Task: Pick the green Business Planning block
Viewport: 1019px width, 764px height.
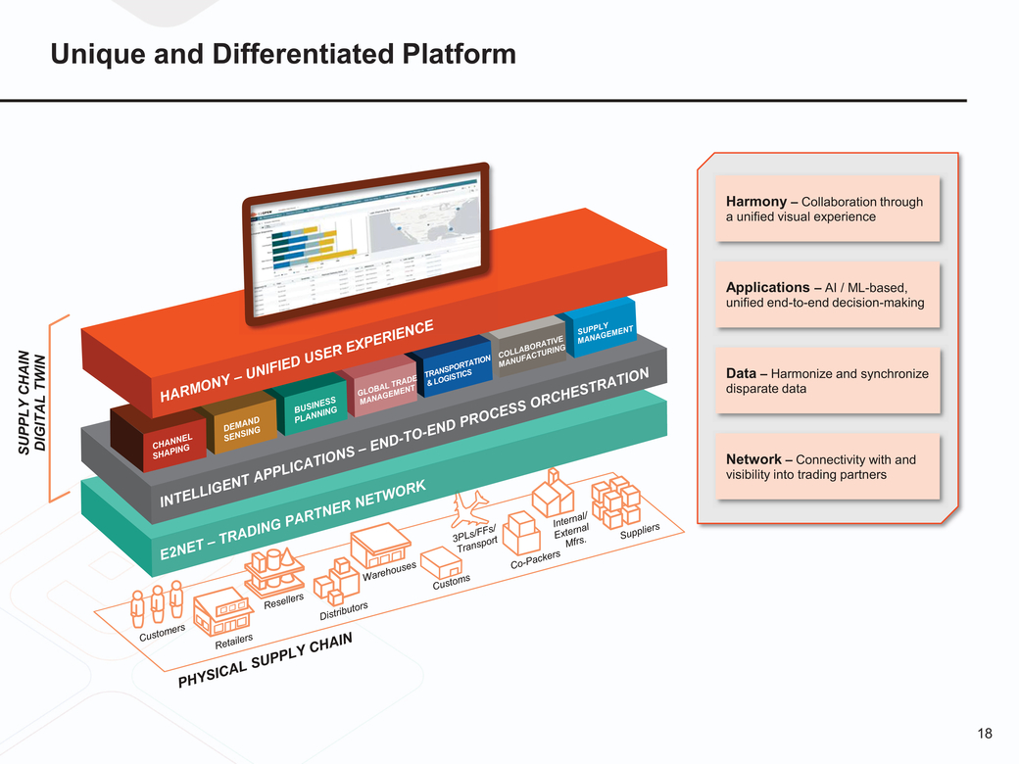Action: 314,408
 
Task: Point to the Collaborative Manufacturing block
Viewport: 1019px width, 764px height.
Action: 529,354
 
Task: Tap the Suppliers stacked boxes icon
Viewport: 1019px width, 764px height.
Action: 614,500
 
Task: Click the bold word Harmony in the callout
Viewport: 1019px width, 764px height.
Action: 756,202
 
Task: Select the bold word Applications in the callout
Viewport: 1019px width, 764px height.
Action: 767,288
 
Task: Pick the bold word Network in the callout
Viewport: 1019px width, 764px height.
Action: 753,459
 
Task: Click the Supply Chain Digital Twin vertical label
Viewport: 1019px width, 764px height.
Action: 33,402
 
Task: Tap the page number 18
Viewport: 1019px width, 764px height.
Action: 984,734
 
